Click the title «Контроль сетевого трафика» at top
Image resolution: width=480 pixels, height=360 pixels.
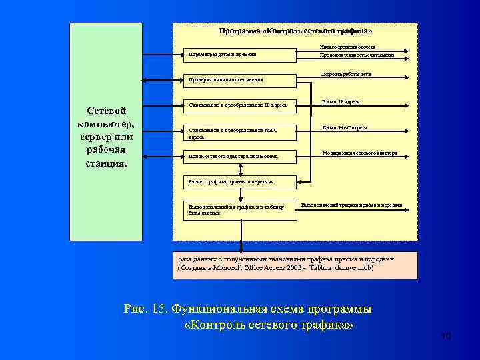coord(295,31)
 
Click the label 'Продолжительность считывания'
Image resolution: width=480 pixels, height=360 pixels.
coord(357,55)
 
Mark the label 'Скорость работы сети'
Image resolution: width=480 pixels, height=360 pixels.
coord(346,74)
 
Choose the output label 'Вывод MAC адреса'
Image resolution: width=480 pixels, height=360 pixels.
coord(344,127)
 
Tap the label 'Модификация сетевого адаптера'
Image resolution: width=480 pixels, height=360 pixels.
coord(359,153)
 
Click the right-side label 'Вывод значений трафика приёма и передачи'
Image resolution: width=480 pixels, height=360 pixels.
coord(351,205)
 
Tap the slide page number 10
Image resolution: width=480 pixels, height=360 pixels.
coord(446,337)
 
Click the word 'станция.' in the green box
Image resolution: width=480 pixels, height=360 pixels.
coord(107,162)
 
